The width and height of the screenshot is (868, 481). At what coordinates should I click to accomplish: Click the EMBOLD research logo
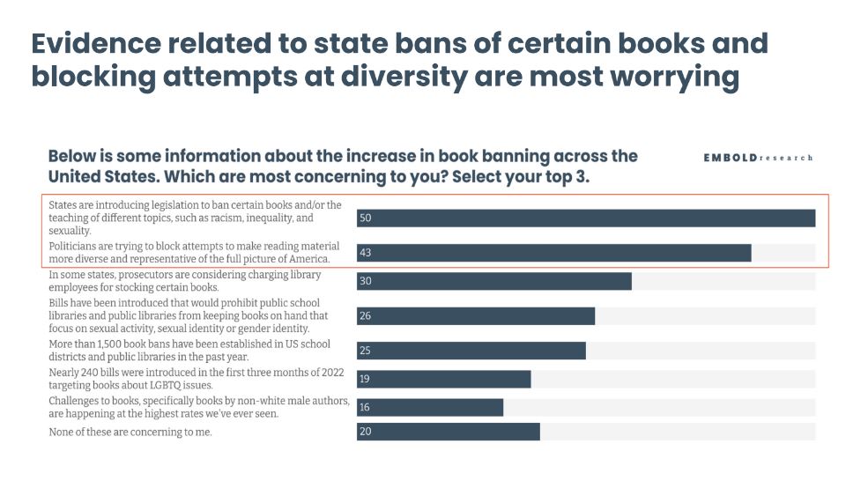tap(758, 158)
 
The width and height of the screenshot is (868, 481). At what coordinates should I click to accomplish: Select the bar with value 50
tap(586, 218)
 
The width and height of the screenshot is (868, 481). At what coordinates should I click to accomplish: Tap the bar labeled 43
tap(553, 253)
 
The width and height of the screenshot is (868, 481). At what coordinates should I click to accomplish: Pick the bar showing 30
tap(493, 281)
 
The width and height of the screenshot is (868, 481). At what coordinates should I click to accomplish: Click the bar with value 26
tap(475, 315)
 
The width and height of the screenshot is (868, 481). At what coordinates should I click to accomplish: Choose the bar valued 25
tap(471, 351)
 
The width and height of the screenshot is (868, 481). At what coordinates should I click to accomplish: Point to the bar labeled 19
tap(443, 379)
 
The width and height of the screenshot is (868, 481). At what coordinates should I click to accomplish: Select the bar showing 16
tap(429, 407)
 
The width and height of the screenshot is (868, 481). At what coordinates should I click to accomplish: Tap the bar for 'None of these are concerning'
tap(448, 432)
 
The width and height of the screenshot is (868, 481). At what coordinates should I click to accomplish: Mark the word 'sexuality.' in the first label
tap(71, 230)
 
